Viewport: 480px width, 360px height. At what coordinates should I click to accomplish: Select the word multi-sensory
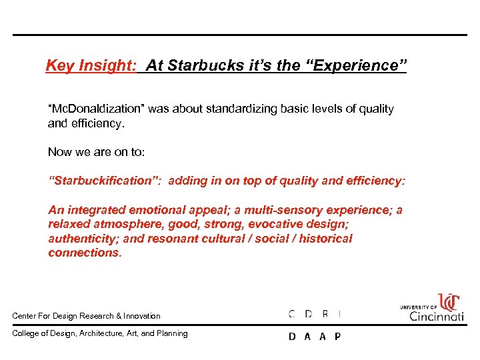pyautogui.click(x=265, y=210)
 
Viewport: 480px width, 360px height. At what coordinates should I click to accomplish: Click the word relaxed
pyautogui.click(x=69, y=224)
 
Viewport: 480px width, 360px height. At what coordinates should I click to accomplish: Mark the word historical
pyautogui.click(x=322, y=239)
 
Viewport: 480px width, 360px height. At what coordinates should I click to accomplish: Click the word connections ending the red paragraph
pyautogui.click(x=84, y=253)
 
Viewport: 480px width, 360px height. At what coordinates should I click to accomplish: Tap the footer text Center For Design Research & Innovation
pyautogui.click(x=87, y=316)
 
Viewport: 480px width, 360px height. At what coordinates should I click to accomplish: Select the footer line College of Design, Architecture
pyautogui.click(x=100, y=333)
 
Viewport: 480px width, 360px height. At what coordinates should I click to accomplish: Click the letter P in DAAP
pyautogui.click(x=337, y=337)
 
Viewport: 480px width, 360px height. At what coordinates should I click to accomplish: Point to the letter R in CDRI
pyautogui.click(x=325, y=313)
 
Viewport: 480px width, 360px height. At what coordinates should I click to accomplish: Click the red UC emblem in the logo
pyautogui.click(x=448, y=302)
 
